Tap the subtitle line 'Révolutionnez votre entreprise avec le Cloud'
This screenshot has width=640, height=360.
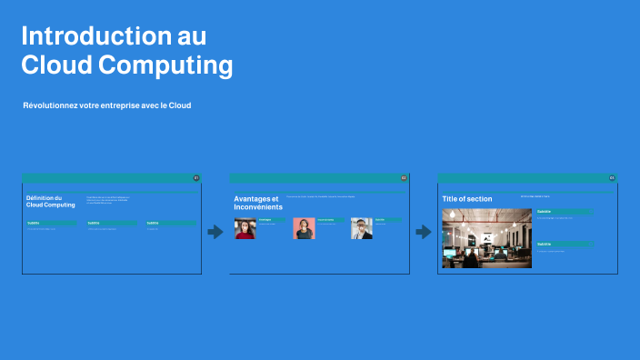(107, 105)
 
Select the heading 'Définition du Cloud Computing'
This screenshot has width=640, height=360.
(51, 202)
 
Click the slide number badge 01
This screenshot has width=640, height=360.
(196, 178)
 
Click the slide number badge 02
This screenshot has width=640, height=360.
(404, 178)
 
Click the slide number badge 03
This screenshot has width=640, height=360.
(612, 178)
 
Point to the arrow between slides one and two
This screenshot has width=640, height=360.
(215, 232)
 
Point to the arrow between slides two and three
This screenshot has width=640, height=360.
(424, 232)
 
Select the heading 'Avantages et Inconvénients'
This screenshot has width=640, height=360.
(258, 203)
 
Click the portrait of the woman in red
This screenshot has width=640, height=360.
(245, 228)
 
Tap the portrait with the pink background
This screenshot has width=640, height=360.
(304, 228)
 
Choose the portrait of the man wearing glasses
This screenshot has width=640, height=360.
(362, 228)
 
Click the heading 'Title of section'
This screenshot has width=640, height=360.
(467, 199)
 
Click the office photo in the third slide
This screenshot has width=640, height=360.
(486, 238)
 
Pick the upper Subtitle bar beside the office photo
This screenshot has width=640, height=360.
(565, 212)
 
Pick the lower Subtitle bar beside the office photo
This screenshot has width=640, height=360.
(565, 244)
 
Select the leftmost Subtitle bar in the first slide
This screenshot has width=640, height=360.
(51, 223)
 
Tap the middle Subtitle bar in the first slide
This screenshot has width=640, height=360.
(111, 223)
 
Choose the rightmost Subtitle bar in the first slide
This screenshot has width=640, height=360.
(169, 223)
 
